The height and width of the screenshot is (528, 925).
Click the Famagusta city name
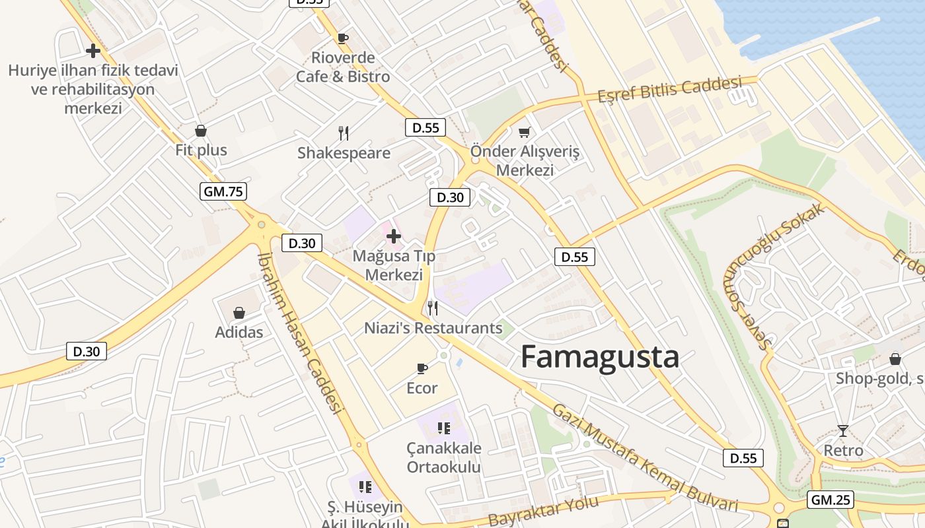click(599, 357)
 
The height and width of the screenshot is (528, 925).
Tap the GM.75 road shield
click(223, 192)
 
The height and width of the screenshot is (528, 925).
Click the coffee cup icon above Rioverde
click(342, 38)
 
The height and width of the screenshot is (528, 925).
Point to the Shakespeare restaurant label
click(344, 153)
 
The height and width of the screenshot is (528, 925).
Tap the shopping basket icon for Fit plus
click(201, 131)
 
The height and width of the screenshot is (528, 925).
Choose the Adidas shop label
click(239, 332)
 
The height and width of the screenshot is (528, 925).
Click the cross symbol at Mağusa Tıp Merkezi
click(394, 236)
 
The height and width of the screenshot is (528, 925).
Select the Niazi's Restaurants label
click(433, 327)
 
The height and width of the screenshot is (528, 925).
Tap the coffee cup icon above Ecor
click(422, 368)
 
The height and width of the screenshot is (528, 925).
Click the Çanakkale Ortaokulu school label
click(444, 457)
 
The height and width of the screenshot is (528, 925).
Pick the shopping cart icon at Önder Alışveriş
click(525, 133)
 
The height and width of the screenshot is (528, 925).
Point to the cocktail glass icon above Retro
click(842, 431)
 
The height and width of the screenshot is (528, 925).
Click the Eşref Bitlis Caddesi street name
click(669, 90)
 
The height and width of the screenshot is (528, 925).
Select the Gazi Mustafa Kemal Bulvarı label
click(645, 458)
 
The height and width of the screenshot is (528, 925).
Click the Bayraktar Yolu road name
click(543, 511)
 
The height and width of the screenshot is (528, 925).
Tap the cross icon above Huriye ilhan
click(93, 50)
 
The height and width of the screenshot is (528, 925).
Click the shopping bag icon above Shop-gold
click(895, 359)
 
